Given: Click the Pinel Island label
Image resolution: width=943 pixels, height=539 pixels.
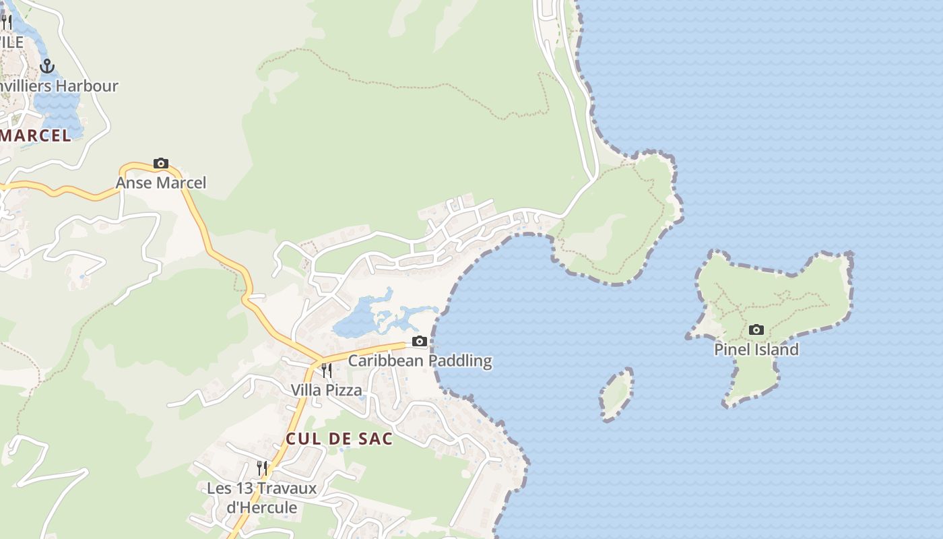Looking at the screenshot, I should tap(756, 350).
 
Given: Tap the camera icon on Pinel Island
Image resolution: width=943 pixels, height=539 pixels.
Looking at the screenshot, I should tap(756, 330).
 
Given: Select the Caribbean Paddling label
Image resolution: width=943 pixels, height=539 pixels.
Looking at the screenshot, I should tap(420, 360).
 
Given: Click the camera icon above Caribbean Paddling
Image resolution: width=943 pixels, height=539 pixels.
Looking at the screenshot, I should tap(420, 342).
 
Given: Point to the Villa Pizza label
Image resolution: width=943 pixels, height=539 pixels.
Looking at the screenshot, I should tap(326, 390).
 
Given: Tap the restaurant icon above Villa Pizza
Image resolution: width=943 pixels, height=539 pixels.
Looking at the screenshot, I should tap(326, 371).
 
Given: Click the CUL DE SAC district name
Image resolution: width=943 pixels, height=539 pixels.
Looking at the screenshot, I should tap(339, 439).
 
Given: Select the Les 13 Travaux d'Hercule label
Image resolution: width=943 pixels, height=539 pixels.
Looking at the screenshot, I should tap(261, 497).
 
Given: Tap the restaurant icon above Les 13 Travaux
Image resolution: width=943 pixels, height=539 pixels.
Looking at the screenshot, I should tap(262, 468).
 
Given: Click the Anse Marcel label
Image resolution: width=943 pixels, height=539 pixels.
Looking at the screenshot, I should tap(161, 183).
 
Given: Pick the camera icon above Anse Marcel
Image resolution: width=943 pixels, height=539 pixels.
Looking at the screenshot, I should tap(161, 163).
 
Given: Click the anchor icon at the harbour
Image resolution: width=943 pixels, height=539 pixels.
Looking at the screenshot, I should tap(47, 66).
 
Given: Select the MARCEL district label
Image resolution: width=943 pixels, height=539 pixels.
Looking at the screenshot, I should tap(35, 135).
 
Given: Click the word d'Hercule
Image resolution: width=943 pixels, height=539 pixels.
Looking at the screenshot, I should tap(261, 507).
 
